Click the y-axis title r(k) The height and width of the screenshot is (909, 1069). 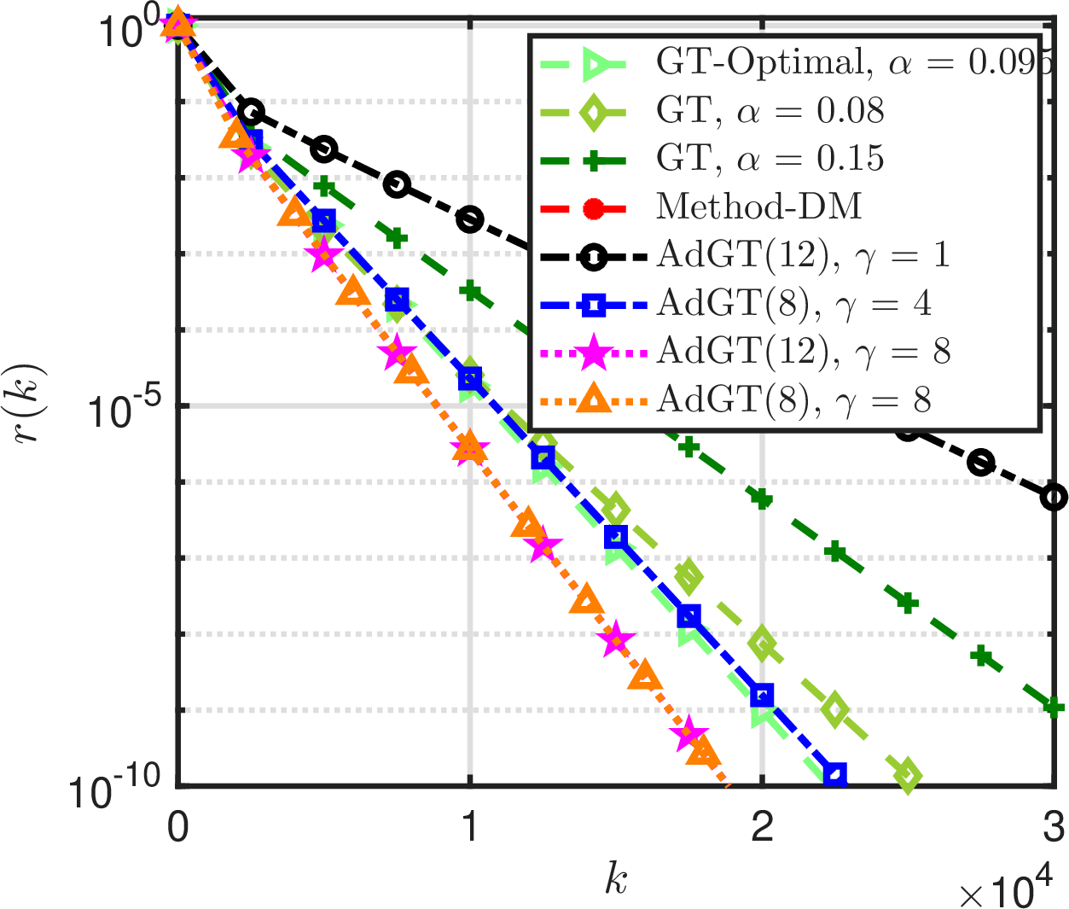click(32, 405)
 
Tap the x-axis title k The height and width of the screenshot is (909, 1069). click(616, 880)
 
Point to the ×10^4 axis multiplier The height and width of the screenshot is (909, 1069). click(1002, 891)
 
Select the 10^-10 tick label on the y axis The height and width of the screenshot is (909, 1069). click(114, 789)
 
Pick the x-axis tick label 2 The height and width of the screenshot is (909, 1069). click(762, 827)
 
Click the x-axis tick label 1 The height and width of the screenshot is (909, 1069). click(469, 827)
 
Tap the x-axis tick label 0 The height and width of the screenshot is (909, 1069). click(177, 827)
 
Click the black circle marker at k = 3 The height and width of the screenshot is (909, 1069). click(1054, 497)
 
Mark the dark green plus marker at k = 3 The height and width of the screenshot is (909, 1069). click(1054, 707)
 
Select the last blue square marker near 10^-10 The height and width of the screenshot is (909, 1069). click(836, 775)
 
